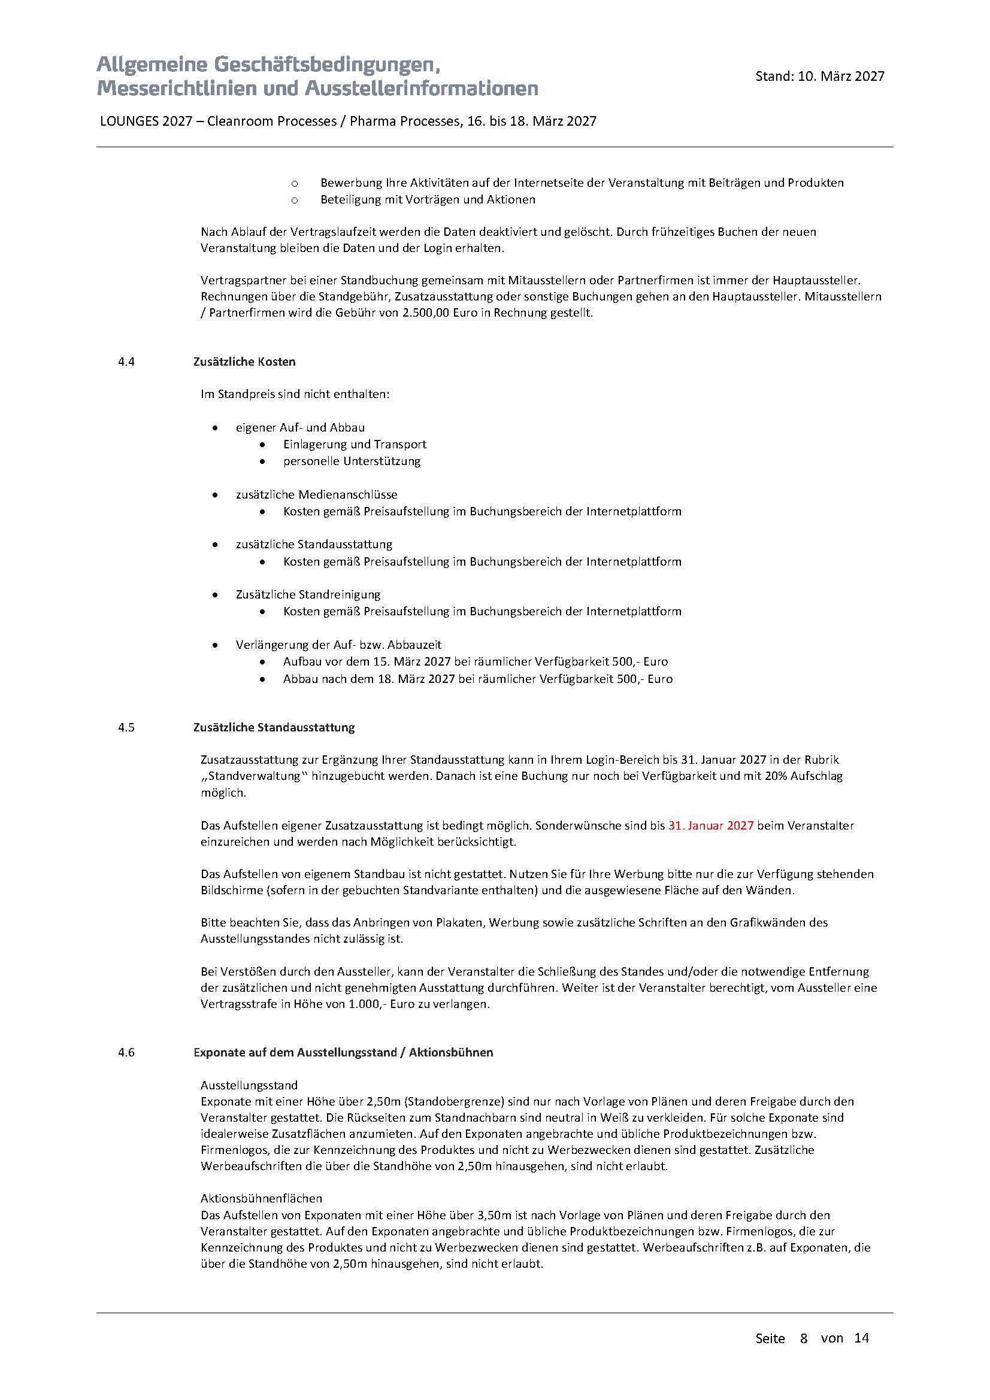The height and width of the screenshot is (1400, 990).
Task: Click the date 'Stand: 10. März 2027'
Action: coord(819,76)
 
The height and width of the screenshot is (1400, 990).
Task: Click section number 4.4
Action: coord(126,362)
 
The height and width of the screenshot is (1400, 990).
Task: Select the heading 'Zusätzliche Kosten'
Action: coord(244,362)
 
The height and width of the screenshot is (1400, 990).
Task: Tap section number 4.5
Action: coord(126,727)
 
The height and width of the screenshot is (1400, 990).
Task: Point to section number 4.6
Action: coord(126,1052)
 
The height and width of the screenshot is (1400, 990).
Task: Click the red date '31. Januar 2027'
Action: coord(711,825)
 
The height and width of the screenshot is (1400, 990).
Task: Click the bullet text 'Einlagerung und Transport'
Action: coord(355,445)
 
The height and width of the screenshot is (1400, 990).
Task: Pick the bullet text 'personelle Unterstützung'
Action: coord(352,461)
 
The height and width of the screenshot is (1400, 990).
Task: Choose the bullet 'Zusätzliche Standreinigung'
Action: coord(308,594)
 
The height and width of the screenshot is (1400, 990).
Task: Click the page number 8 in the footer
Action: coord(804,1338)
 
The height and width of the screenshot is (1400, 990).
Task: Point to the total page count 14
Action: coord(861,1338)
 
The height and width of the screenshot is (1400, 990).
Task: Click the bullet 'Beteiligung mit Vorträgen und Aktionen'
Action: coord(428,199)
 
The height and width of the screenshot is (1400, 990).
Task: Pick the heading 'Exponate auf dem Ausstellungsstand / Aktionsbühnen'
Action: coord(343,1052)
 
